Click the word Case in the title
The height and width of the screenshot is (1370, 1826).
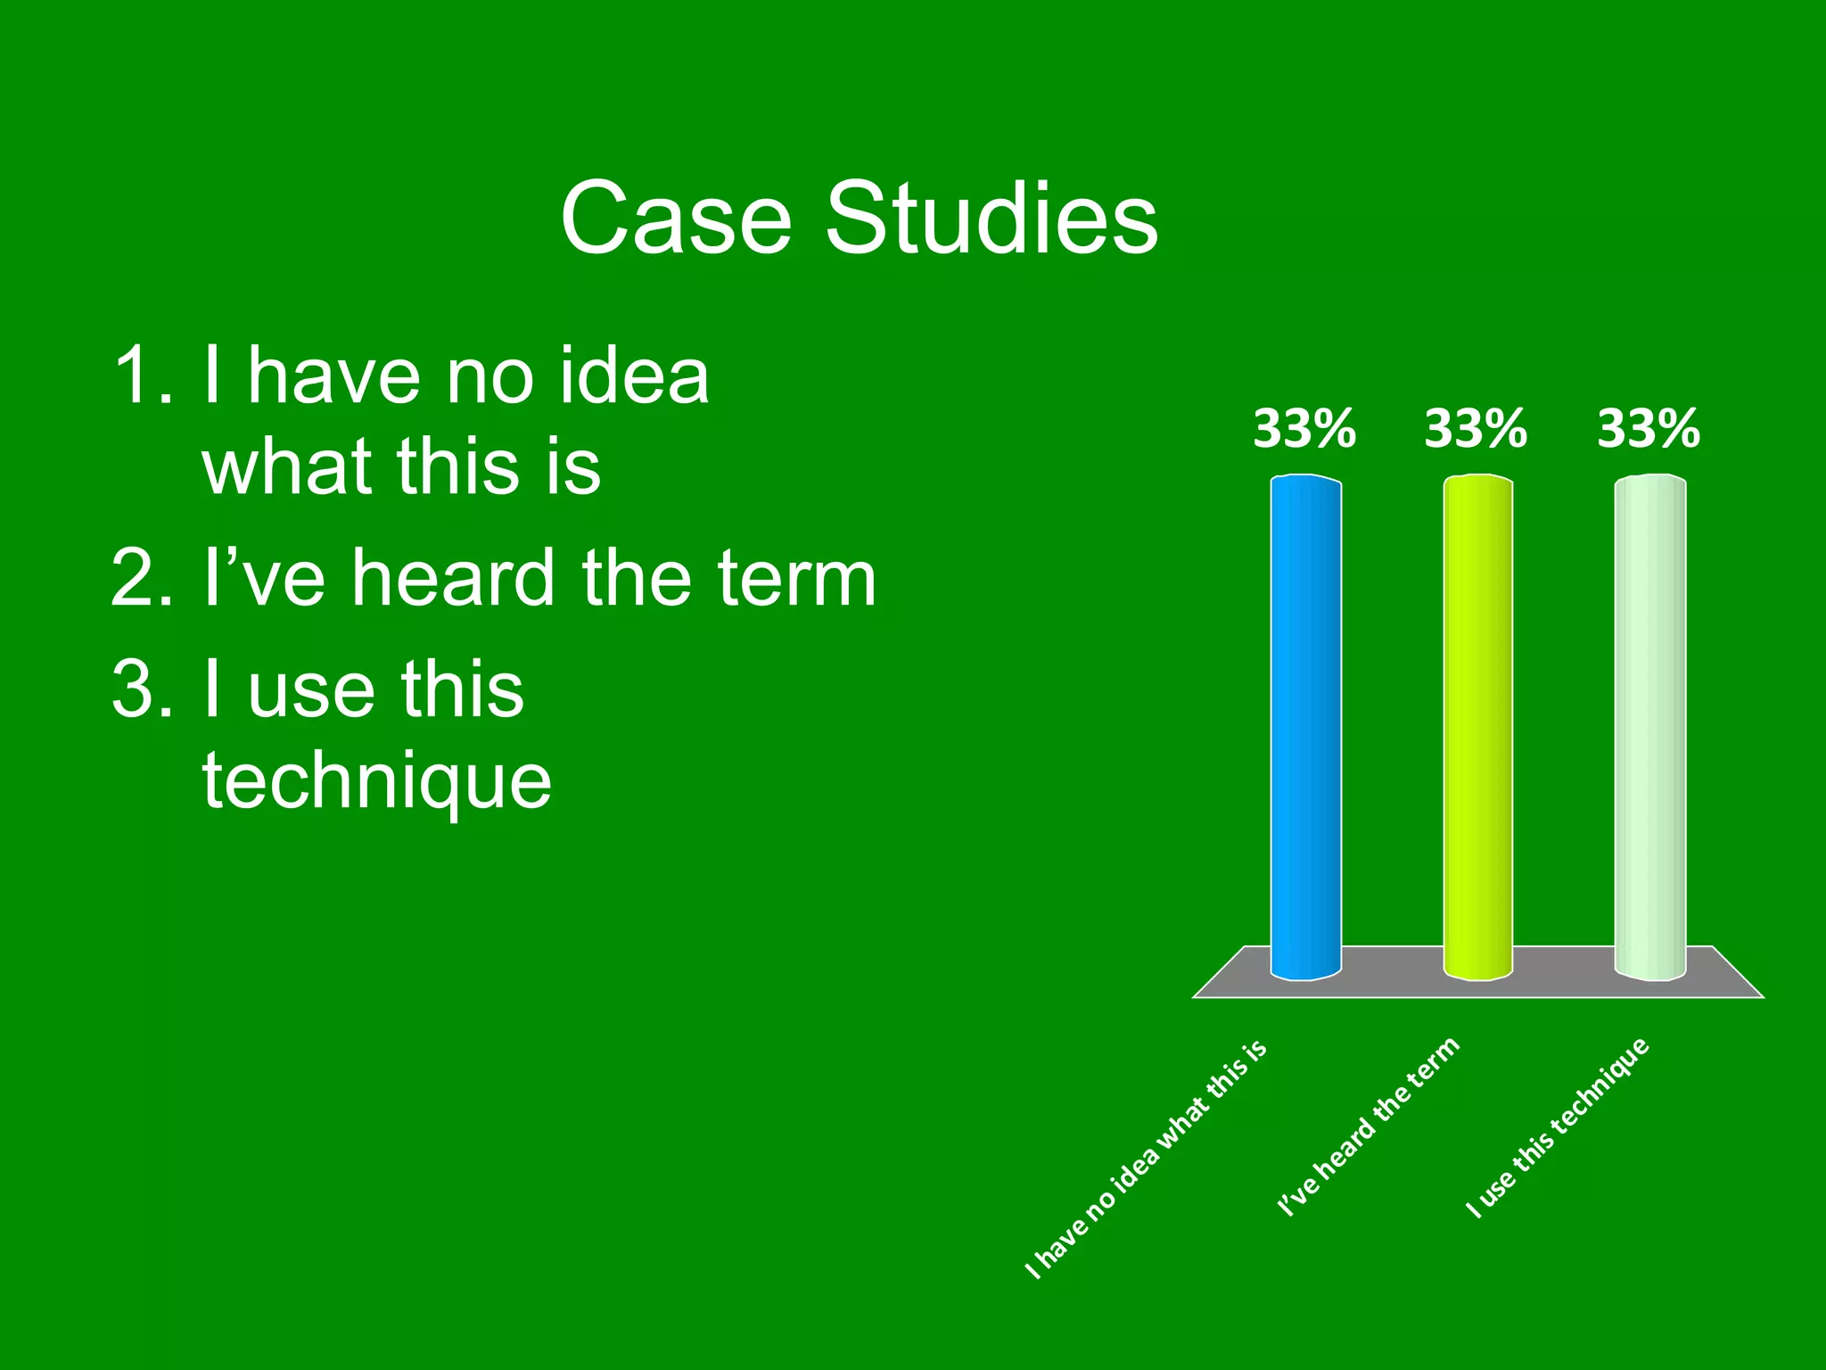(x=676, y=219)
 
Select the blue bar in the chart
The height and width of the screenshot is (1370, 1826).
(x=1305, y=727)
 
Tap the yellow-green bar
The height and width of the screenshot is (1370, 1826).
(x=1477, y=727)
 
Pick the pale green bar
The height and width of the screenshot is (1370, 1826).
(x=1649, y=727)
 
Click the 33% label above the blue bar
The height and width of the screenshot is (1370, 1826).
(x=1304, y=429)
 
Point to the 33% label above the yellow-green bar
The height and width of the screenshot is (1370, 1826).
(x=1476, y=429)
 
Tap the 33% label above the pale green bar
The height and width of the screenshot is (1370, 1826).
(x=1648, y=429)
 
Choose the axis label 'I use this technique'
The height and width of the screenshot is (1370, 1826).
(x=1558, y=1127)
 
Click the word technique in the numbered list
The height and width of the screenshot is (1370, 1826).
(x=377, y=782)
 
